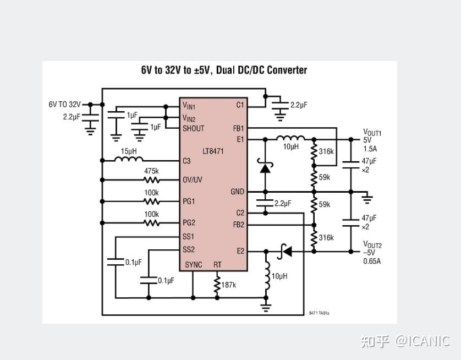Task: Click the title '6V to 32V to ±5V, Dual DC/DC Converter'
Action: click(x=224, y=70)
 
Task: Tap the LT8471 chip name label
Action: click(x=213, y=151)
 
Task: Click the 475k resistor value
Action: click(x=152, y=171)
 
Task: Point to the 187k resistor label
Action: click(x=229, y=285)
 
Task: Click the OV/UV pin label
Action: click(x=193, y=180)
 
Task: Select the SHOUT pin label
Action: click(x=194, y=128)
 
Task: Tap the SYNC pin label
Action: click(x=194, y=265)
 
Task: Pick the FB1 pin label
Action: click(x=238, y=129)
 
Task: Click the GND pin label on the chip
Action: click(x=237, y=192)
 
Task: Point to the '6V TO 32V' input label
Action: click(x=64, y=104)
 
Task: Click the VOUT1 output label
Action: click(x=372, y=133)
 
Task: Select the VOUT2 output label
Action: click(x=372, y=245)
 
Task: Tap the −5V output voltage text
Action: click(x=370, y=253)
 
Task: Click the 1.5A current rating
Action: click(x=370, y=149)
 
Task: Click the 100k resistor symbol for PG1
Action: click(x=152, y=202)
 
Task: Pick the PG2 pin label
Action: click(x=189, y=223)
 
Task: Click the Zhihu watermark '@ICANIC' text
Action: click(x=422, y=341)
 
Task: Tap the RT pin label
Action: click(x=217, y=265)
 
